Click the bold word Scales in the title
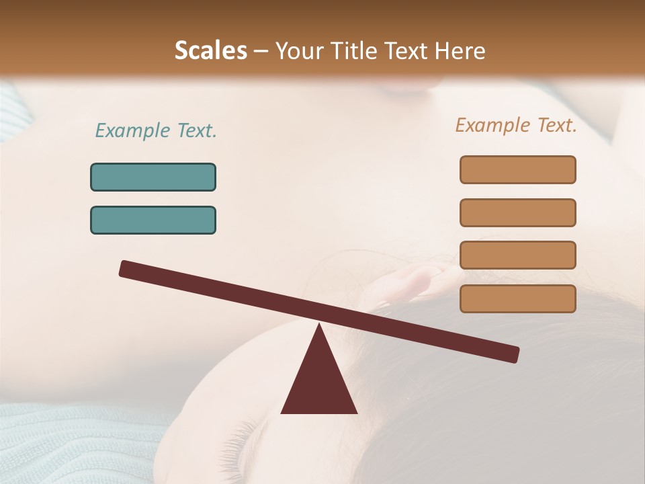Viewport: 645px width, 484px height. [x=210, y=50]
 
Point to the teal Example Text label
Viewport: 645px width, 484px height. [x=156, y=130]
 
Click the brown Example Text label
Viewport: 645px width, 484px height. [x=516, y=125]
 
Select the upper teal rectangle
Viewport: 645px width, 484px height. [x=153, y=177]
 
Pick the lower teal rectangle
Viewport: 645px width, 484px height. [x=153, y=220]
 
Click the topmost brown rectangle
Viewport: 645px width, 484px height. [x=517, y=169]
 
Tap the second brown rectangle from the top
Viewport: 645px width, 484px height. [x=517, y=212]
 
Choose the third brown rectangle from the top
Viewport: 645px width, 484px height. [x=517, y=255]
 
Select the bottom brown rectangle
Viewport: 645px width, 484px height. [x=517, y=298]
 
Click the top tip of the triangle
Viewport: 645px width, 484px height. [x=318, y=327]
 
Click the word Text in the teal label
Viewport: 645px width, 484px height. [x=196, y=130]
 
